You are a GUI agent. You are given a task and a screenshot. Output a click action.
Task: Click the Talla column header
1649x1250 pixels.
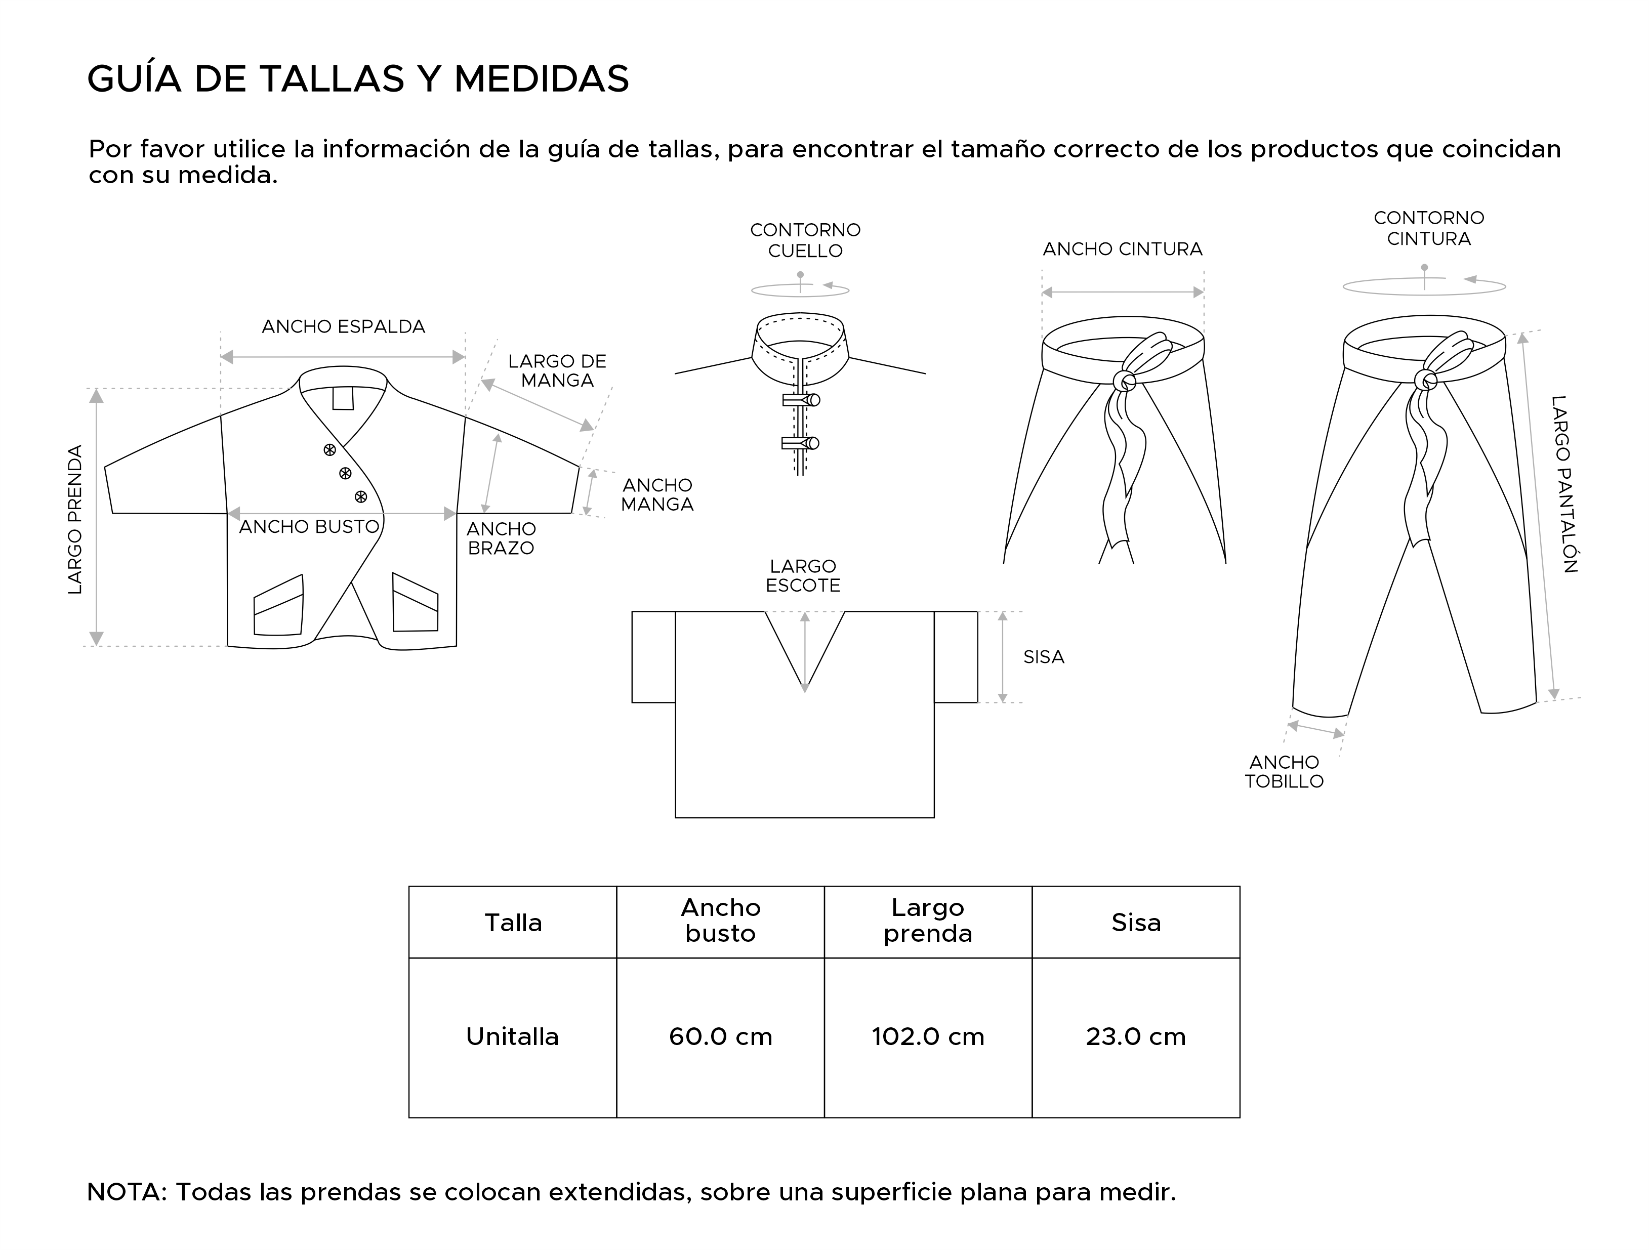click(x=513, y=923)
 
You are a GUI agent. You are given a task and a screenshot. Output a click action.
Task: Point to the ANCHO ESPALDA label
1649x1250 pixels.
click(x=343, y=326)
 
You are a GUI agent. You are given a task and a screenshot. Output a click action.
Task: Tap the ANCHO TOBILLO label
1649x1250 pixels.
click(x=1284, y=771)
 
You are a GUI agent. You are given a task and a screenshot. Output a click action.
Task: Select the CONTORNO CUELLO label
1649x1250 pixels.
click(x=805, y=240)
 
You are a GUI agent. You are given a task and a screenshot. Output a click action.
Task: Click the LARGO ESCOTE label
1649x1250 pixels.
click(x=803, y=575)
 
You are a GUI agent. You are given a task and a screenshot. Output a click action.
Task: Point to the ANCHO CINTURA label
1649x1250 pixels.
click(x=1122, y=249)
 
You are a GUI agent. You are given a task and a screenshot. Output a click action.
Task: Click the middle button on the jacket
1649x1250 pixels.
click(x=345, y=473)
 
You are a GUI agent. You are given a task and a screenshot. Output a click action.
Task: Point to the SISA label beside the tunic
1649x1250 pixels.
click(x=1043, y=657)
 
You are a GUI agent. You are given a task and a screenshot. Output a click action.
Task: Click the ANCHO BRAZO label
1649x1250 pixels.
click(x=501, y=538)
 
